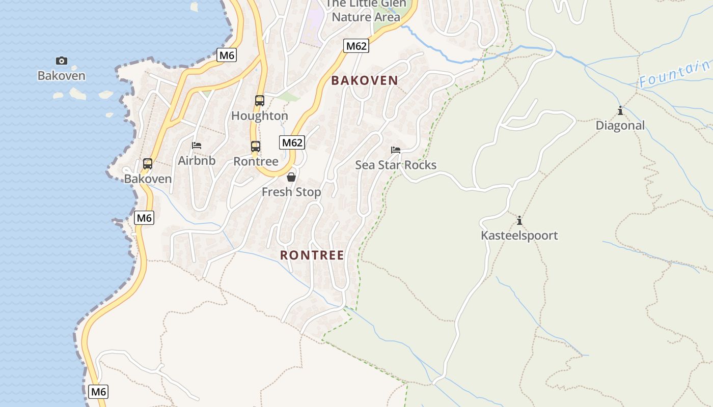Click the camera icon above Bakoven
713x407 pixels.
pyautogui.click(x=62, y=61)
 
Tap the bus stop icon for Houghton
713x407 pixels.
pyautogui.click(x=260, y=100)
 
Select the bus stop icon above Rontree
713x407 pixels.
pyautogui.click(x=256, y=146)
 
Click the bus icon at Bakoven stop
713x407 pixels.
pyautogui.click(x=148, y=163)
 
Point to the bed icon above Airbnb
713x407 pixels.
pyautogui.click(x=197, y=146)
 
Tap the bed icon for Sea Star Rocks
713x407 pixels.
pyautogui.click(x=396, y=150)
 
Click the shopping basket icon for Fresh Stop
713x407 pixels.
pyautogui.click(x=291, y=177)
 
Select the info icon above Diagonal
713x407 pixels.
pyautogui.click(x=620, y=110)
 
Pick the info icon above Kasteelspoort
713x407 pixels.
pyautogui.click(x=519, y=220)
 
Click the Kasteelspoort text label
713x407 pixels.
pyautogui.click(x=519, y=236)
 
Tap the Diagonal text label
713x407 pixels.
pyautogui.click(x=620, y=125)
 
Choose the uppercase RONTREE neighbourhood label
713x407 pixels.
pyautogui.click(x=312, y=255)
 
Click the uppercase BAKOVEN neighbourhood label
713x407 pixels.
pyautogui.click(x=365, y=80)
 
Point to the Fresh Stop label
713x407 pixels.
pyautogui.click(x=291, y=192)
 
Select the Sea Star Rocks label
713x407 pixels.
pyautogui.click(x=396, y=165)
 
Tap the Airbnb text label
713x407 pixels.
pyautogui.click(x=197, y=161)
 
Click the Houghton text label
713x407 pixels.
pyautogui.click(x=260, y=115)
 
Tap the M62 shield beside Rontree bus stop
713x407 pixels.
pyautogui.click(x=292, y=142)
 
